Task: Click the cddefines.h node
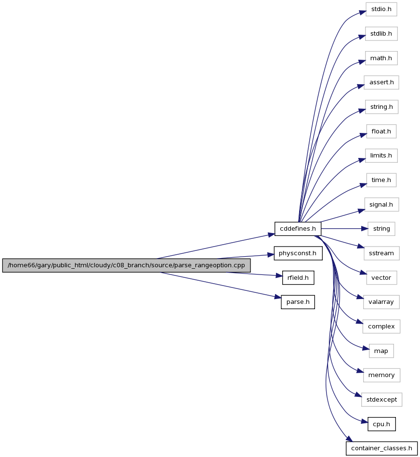click(298, 229)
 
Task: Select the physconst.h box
click(298, 253)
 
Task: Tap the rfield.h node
click(298, 278)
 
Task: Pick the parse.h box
click(298, 302)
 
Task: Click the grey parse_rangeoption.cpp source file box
click(126, 265)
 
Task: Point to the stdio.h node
click(381, 9)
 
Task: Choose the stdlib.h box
click(381, 34)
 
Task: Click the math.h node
click(381, 58)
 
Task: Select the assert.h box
click(381, 82)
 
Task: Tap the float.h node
click(381, 131)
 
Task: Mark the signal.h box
click(381, 205)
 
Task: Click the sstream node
click(381, 253)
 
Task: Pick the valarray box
click(381, 302)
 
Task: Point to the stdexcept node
click(381, 400)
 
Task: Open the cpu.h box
click(381, 424)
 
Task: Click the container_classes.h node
click(381, 448)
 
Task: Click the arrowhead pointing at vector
click(363, 273)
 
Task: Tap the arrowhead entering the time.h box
click(363, 185)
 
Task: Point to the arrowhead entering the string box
click(365, 229)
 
